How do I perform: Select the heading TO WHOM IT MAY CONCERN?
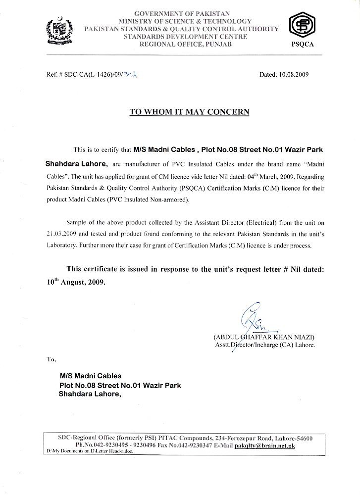189,112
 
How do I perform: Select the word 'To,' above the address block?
51,359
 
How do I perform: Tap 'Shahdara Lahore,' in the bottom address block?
90,395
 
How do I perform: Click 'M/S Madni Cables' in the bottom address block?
90,376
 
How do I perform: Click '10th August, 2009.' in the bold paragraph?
73,284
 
